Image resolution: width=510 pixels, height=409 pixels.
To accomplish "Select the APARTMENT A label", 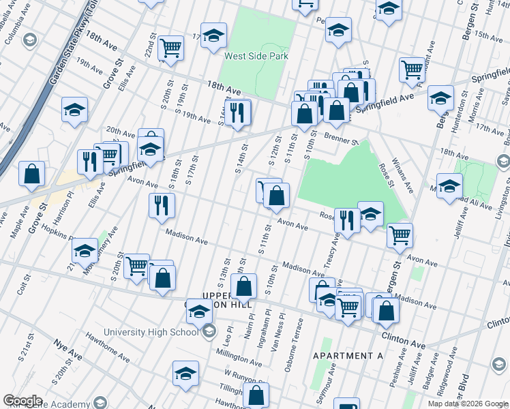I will pos(348,357).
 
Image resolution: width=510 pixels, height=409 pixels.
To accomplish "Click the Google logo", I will pos(22,401).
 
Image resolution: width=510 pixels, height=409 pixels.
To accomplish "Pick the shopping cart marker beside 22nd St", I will pos(170,48).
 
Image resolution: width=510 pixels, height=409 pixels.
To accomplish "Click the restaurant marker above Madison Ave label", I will pos(161,205).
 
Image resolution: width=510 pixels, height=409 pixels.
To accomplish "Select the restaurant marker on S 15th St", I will pos(237,112).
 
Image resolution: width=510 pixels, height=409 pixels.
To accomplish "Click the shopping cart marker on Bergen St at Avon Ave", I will pos(400,235).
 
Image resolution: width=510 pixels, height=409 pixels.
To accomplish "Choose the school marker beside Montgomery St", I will pos(85,251).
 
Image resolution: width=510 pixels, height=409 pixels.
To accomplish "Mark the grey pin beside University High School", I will pos(209,331).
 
